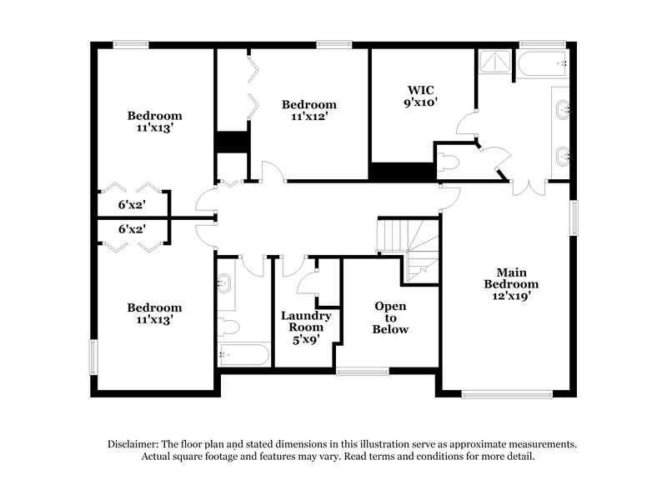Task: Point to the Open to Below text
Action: (x=390, y=317)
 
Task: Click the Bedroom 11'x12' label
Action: (x=308, y=110)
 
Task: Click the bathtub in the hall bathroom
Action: (x=243, y=355)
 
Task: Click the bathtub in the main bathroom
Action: (x=542, y=62)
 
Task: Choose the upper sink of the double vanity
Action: (x=563, y=107)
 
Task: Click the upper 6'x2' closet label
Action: (x=133, y=203)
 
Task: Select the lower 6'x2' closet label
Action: (x=133, y=229)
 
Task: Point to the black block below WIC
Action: (x=402, y=172)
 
